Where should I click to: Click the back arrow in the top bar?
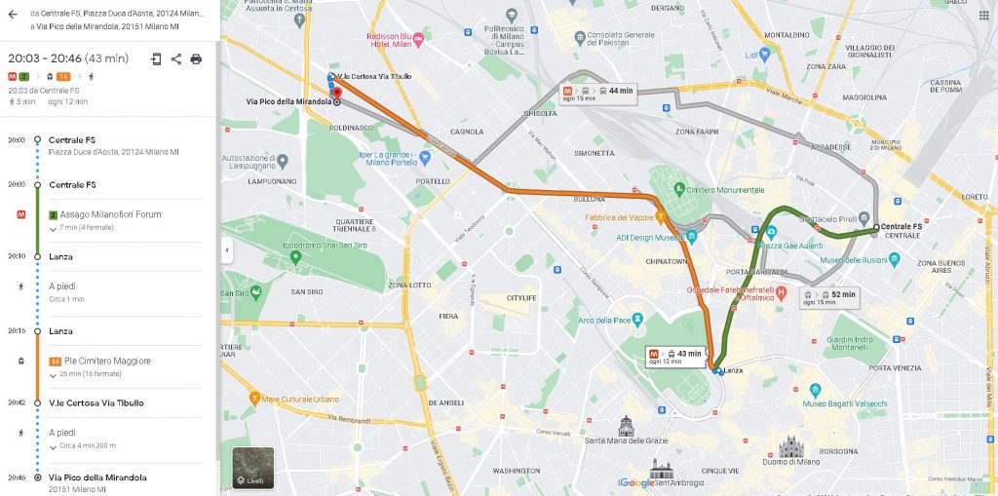click(13, 15)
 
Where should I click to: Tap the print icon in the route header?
click(196, 58)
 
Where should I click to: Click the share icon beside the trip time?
click(176, 58)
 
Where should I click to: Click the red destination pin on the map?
click(337, 93)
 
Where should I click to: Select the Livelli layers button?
click(252, 468)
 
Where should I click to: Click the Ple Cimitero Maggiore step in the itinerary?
click(107, 361)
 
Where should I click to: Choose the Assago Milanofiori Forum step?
click(110, 214)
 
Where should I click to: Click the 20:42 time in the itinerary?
click(17, 402)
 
